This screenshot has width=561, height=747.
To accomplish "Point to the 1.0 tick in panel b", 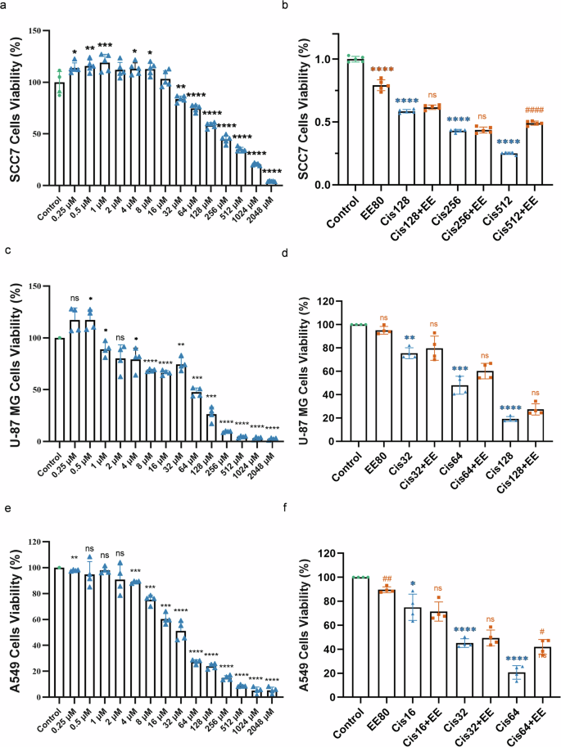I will pyautogui.click(x=324, y=60).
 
